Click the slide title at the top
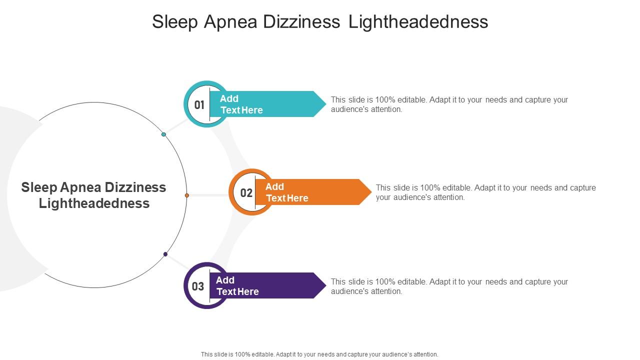(x=320, y=22)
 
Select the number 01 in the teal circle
(x=199, y=105)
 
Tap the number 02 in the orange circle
(x=246, y=193)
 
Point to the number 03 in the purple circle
(x=198, y=286)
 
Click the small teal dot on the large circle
(x=163, y=134)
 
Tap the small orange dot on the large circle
(x=186, y=195)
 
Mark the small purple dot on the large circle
(x=165, y=254)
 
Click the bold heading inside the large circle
(x=94, y=195)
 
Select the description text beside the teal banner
(x=449, y=104)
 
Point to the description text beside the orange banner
(x=485, y=192)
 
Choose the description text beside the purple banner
(x=449, y=286)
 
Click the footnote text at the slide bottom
(x=319, y=354)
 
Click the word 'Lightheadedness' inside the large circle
(x=94, y=203)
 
